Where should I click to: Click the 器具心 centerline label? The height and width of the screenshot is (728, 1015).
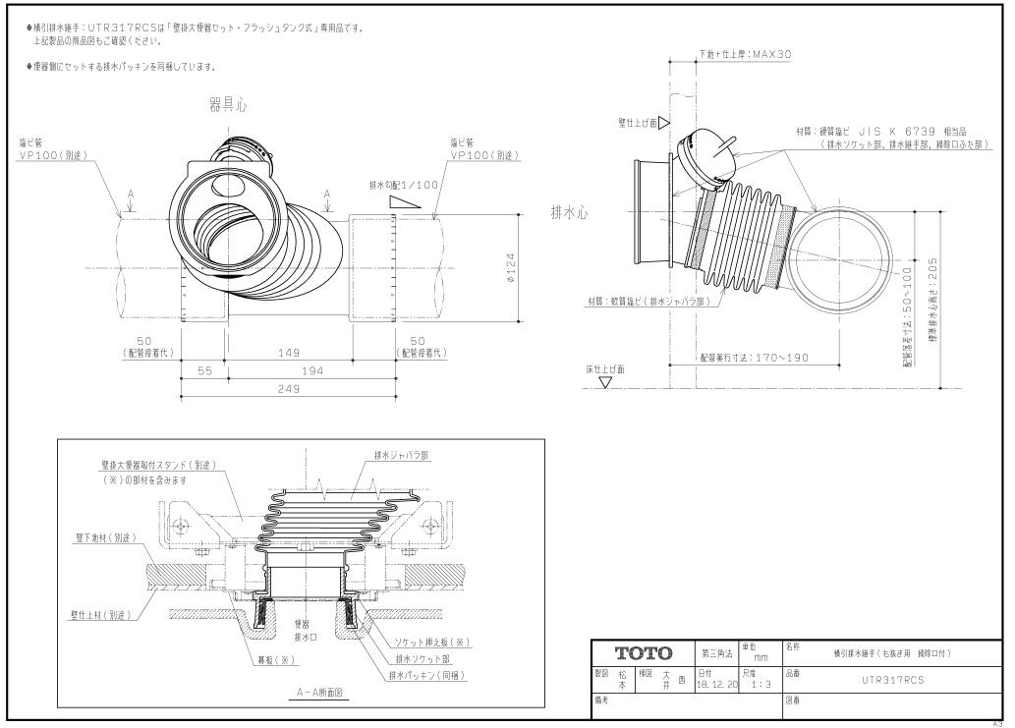click(221, 105)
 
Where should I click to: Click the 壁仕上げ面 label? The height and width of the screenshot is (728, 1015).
click(637, 123)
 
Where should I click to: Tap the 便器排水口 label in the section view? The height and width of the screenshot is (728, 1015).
click(304, 630)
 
